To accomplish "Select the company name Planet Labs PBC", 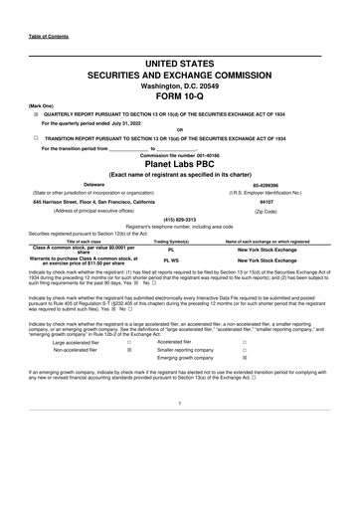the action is click(179, 165).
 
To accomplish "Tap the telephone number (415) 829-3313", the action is click(179, 219).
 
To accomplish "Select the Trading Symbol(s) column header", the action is click(173, 242).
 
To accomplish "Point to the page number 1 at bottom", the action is click(179, 430).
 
